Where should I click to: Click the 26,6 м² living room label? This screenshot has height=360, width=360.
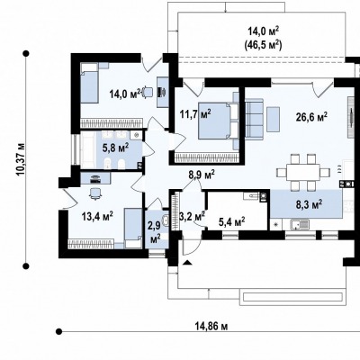point(311,117)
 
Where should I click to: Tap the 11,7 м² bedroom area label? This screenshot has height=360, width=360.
point(195,114)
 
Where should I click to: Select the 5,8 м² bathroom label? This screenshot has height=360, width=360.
point(116,148)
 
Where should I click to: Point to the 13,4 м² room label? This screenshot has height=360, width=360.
point(97,216)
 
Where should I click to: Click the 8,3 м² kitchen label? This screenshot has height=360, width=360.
point(309,205)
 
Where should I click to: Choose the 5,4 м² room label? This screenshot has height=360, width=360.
point(231,222)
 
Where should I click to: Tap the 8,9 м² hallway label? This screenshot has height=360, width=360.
point(202,175)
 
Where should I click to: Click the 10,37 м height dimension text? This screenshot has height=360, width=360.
point(22,159)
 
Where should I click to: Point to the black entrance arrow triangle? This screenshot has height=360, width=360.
point(187,263)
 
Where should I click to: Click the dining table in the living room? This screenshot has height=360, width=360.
point(303,172)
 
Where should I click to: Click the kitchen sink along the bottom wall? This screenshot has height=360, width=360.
point(300,224)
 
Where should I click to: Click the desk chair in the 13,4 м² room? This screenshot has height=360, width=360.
point(95,193)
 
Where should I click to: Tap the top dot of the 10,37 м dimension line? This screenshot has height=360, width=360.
point(26,53)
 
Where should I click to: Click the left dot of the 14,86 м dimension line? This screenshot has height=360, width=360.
point(59,331)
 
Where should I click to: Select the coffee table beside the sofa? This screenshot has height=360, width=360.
point(274,119)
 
